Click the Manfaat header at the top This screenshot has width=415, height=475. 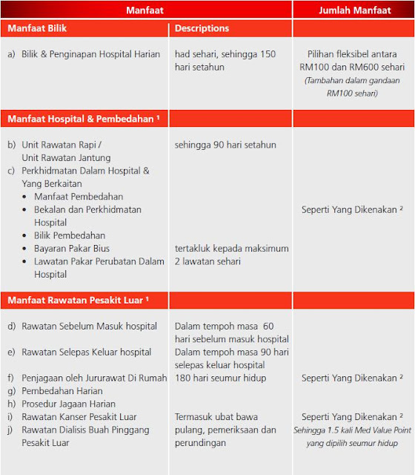[145, 10]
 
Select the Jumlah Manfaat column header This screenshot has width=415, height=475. [353, 10]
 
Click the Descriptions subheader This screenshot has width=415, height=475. [202, 29]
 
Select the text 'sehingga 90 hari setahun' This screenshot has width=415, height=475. [225, 145]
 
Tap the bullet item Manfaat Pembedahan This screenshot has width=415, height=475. [79, 197]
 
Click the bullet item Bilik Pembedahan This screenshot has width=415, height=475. [70, 235]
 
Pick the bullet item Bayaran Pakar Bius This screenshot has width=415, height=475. [72, 248]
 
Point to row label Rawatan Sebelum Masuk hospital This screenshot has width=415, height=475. [89, 326]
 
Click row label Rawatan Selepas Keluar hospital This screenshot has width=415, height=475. [87, 352]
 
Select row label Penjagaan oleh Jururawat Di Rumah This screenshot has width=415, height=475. [94, 378]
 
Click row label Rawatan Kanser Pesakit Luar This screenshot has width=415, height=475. [79, 416]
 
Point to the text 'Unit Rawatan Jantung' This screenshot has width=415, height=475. [66, 157]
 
